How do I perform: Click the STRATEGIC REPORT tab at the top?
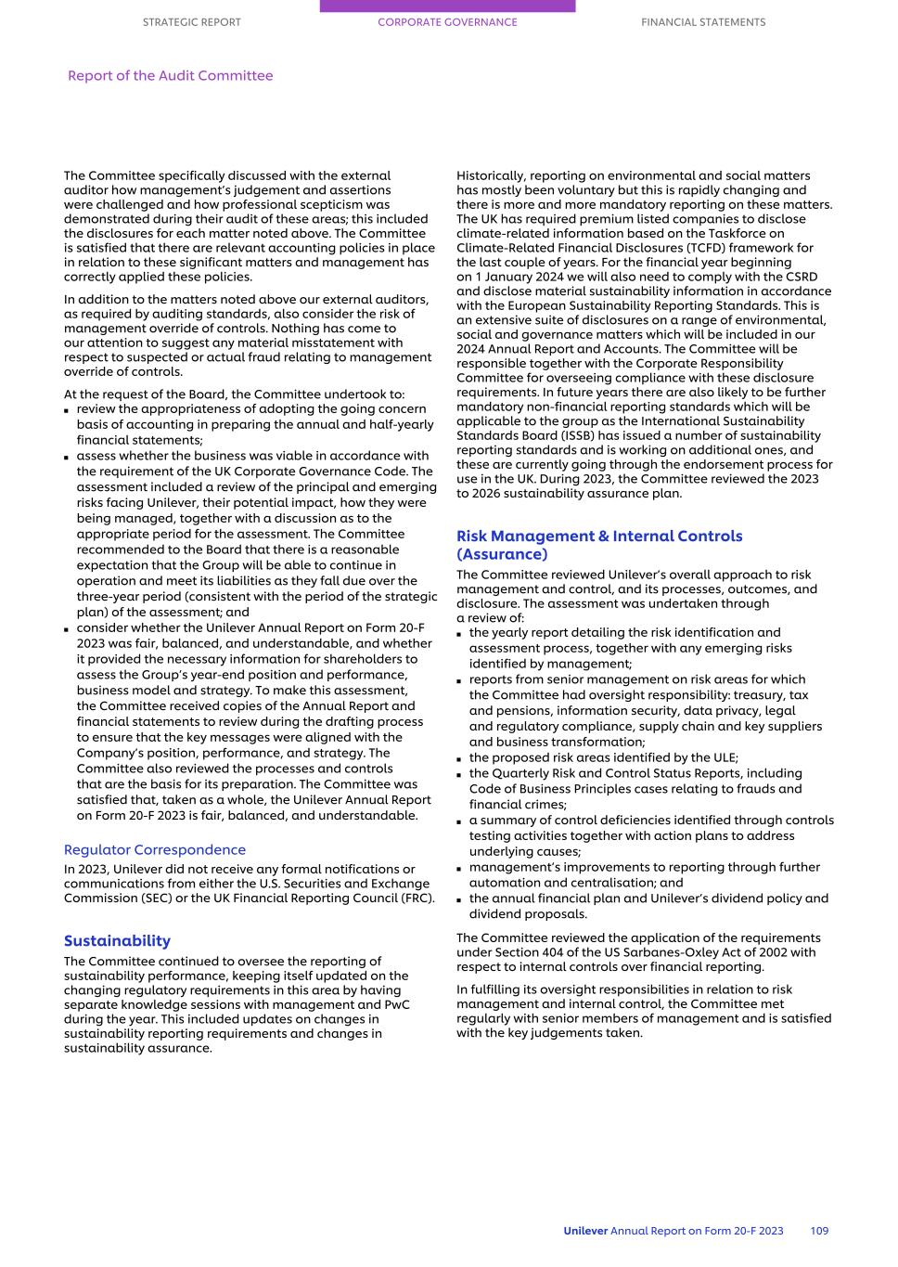(191, 22)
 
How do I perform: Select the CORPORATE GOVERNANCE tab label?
(447, 22)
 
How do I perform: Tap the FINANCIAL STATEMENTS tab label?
(703, 22)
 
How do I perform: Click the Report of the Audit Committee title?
(170, 76)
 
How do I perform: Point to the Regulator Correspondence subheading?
(155, 849)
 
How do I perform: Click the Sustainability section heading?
(117, 940)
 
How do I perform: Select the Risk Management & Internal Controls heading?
(599, 545)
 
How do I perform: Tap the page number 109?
(819, 1231)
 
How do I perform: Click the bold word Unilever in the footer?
(584, 1231)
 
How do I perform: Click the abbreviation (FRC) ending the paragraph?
(415, 898)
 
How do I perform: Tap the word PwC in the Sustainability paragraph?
(396, 1004)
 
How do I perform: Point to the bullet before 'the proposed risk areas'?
(460, 758)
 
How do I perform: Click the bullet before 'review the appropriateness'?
(68, 410)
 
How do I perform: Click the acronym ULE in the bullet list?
(723, 757)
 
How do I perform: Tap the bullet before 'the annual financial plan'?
(460, 899)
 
